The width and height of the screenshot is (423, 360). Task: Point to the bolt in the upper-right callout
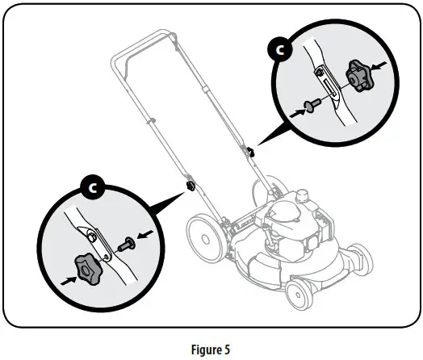(308, 104)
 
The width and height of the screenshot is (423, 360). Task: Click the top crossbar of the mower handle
(142, 45)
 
